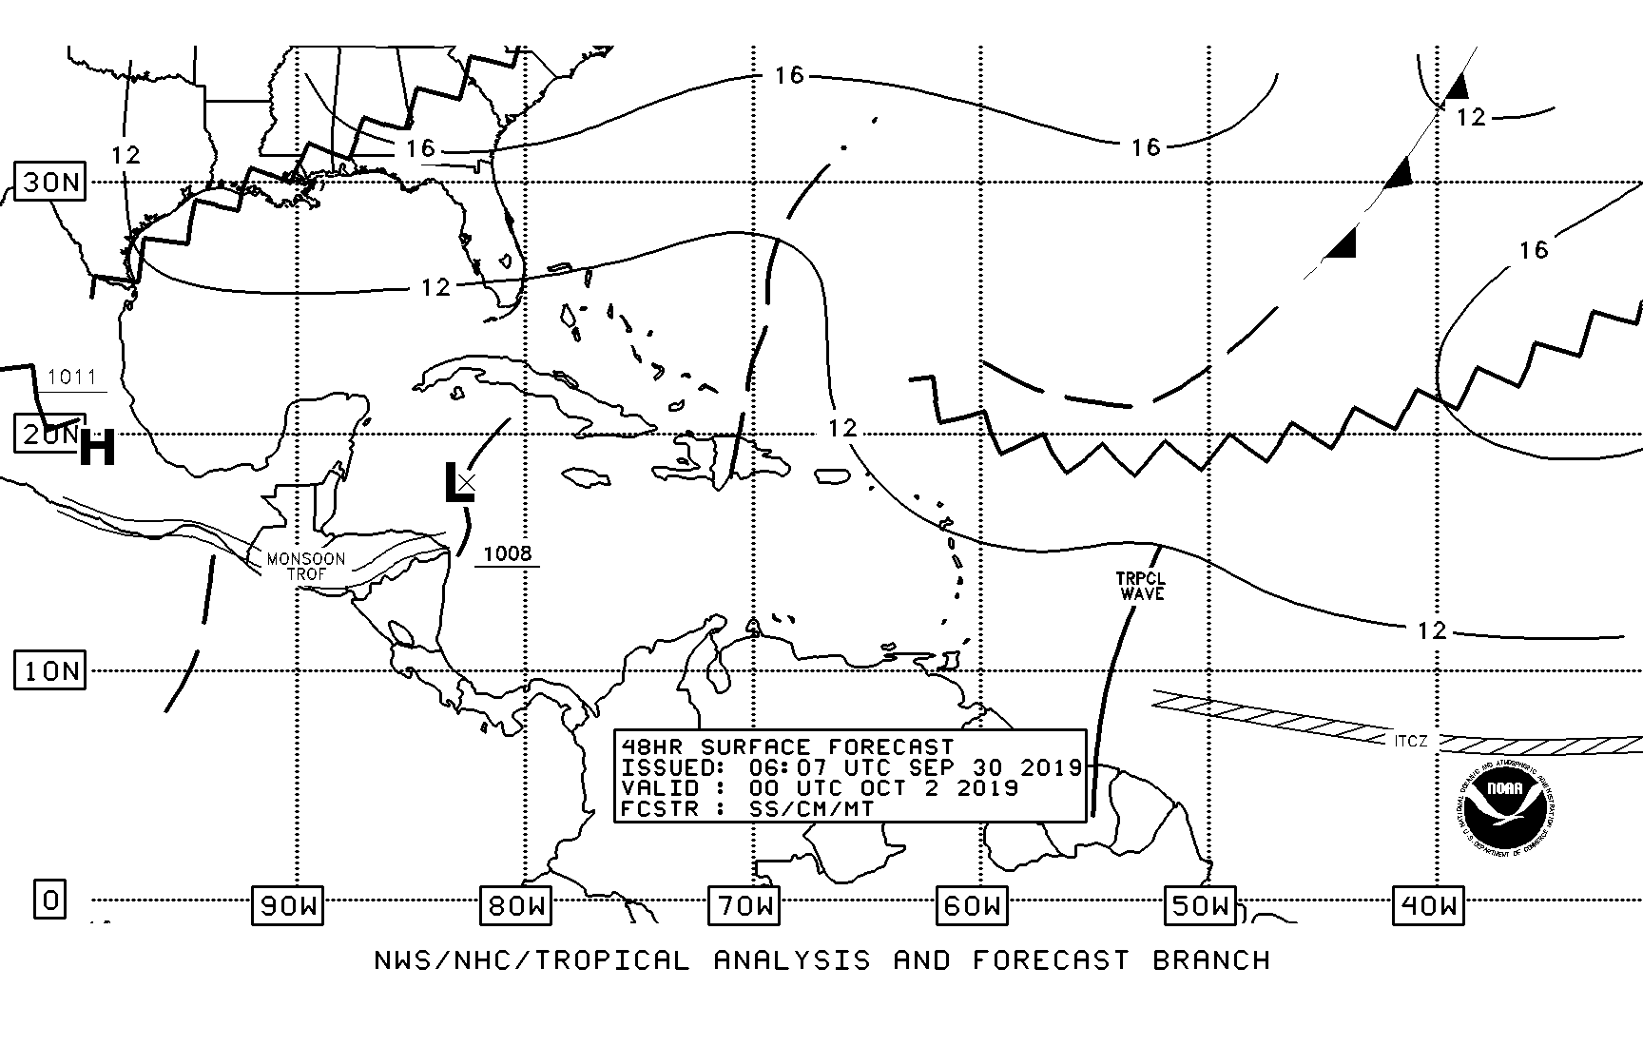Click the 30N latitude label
(x=50, y=181)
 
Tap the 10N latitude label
(x=50, y=671)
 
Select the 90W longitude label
(x=288, y=905)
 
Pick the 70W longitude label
(x=744, y=905)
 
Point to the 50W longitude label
(x=1201, y=905)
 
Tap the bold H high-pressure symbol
(x=97, y=448)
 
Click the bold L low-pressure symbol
(x=458, y=483)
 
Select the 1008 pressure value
(x=508, y=553)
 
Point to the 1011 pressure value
(x=72, y=378)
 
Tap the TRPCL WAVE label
(x=1142, y=586)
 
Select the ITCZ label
(x=1411, y=741)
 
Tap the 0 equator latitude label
(x=50, y=899)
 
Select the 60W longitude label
(x=973, y=905)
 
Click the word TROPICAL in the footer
(x=607, y=960)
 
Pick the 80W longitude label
(x=516, y=905)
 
